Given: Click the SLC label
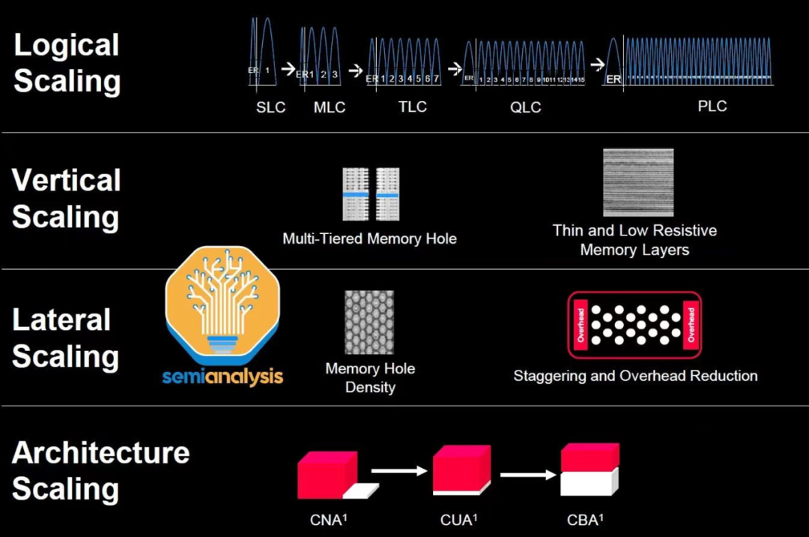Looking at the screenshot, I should (x=270, y=107).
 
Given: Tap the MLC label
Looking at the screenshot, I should (x=330, y=107).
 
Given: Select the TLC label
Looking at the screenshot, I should (x=413, y=106).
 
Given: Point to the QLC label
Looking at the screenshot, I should (x=525, y=107).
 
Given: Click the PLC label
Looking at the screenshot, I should (x=712, y=106).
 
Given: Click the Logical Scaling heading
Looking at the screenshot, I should (x=67, y=63).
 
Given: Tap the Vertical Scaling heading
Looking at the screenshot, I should (x=66, y=199).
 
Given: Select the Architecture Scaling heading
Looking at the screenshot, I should (x=100, y=470).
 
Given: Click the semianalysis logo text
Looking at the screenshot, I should (x=222, y=374).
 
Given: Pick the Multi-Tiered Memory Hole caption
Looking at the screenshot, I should (x=369, y=239).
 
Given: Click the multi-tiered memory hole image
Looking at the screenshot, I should (x=371, y=194).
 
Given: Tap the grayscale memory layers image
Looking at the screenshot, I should (x=637, y=183).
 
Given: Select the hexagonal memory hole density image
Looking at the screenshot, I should (x=369, y=322).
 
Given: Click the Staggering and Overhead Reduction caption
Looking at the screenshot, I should (x=635, y=376).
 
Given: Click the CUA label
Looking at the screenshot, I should (x=459, y=519).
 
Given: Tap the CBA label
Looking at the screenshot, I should (x=585, y=519).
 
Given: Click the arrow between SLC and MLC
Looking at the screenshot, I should (x=288, y=68).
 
